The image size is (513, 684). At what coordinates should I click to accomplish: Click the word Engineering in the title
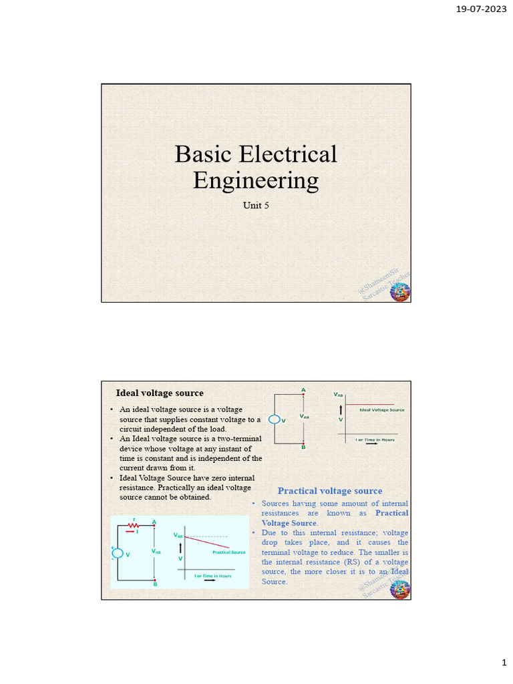[256, 180]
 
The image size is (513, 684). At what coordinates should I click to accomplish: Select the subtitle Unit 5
[256, 205]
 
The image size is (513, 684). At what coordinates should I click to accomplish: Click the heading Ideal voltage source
[160, 393]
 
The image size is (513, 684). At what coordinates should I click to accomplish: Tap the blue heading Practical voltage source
[330, 491]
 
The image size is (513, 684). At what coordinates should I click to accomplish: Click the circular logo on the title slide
[399, 292]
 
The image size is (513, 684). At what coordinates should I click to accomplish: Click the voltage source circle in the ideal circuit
[275, 419]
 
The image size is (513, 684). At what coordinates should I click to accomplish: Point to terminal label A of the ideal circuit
[303, 389]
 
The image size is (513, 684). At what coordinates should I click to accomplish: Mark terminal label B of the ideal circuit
[303, 447]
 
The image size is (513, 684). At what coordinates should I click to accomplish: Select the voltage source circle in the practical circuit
[118, 553]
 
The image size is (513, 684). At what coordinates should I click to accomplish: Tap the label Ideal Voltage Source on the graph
[381, 409]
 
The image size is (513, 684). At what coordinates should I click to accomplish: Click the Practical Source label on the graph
[229, 552]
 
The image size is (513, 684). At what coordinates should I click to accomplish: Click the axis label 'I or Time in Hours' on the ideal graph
[375, 440]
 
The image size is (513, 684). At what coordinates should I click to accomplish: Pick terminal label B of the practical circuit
[155, 584]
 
